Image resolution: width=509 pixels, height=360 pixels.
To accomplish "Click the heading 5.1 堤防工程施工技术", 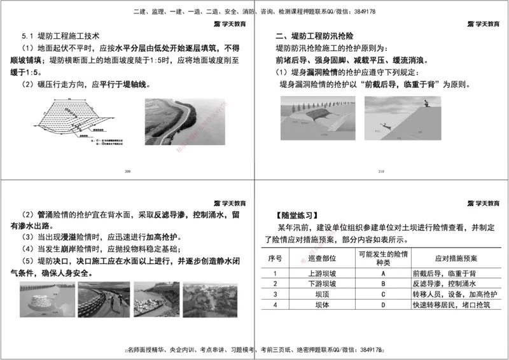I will [x=61, y=36].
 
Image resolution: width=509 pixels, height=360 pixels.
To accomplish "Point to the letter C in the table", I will [x=383, y=294].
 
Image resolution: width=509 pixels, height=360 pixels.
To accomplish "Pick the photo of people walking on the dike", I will [x=104, y=300].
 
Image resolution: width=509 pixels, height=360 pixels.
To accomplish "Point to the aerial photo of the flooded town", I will [x=210, y=300].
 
